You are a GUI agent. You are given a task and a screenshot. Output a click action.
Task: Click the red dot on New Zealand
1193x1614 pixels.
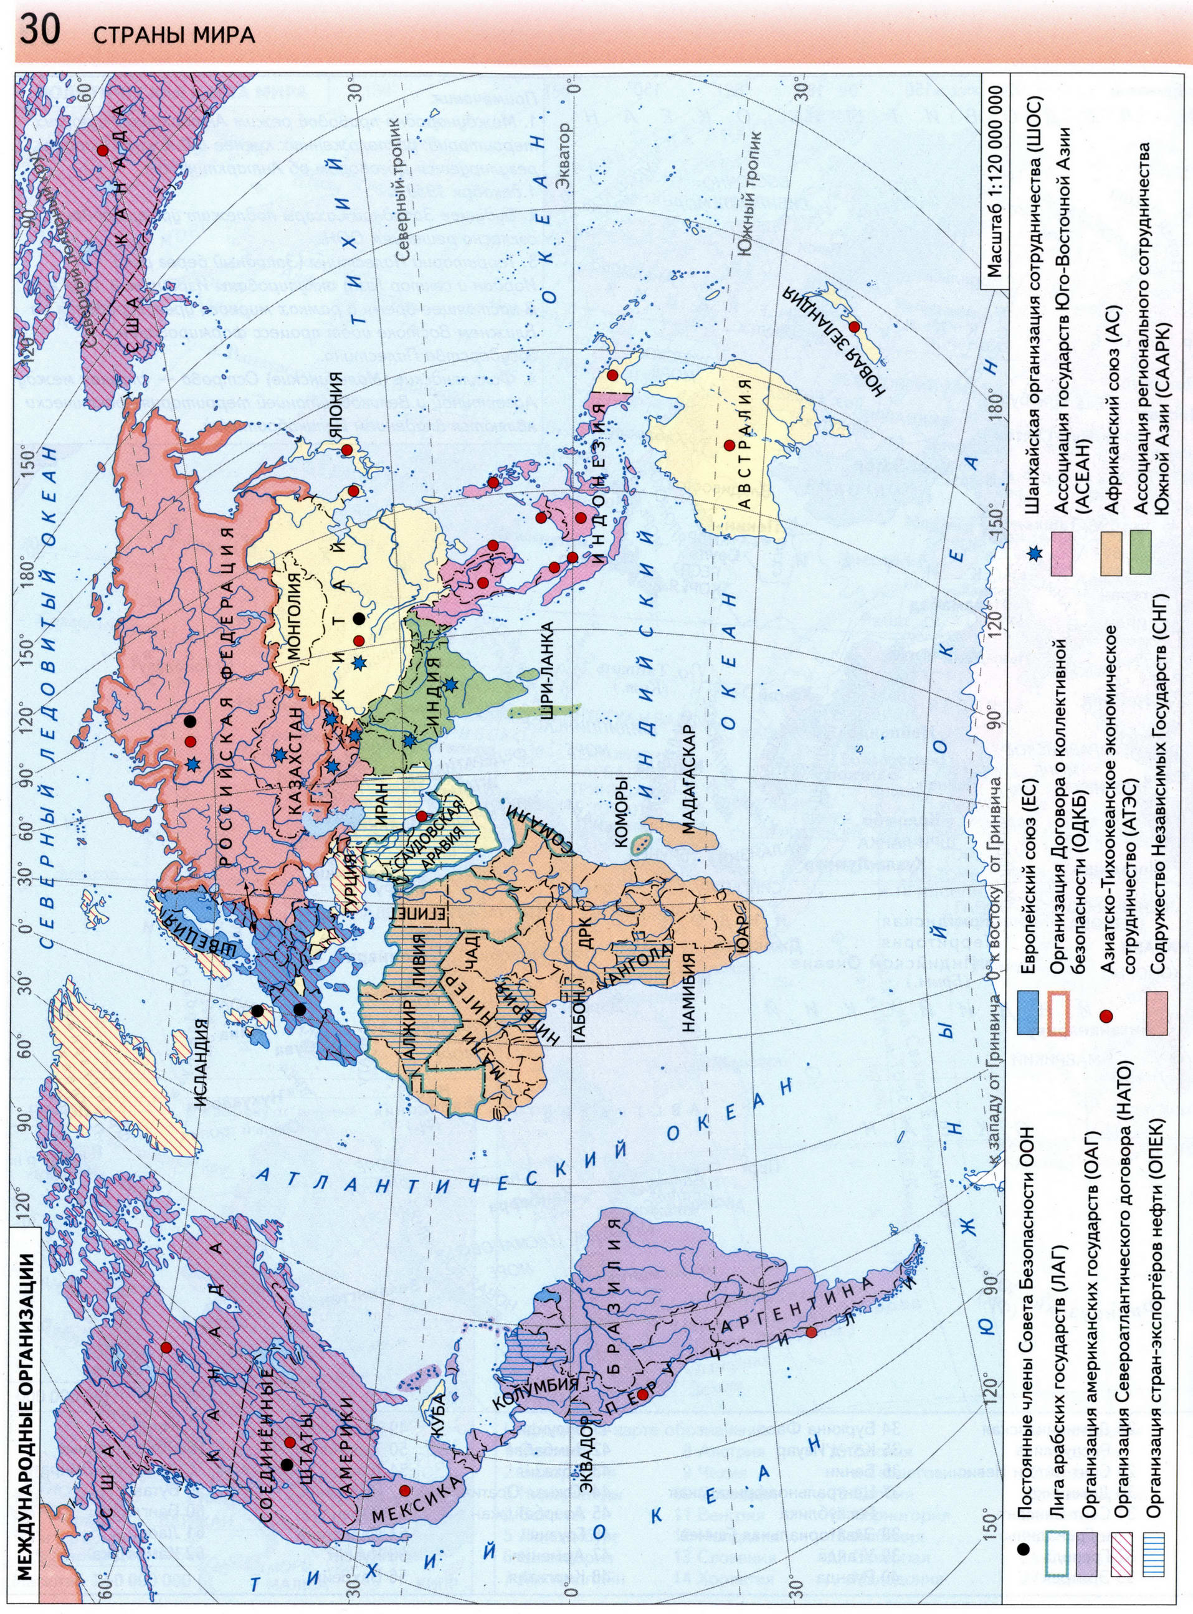point(854,326)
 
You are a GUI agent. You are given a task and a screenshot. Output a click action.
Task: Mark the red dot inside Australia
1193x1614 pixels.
point(730,445)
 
